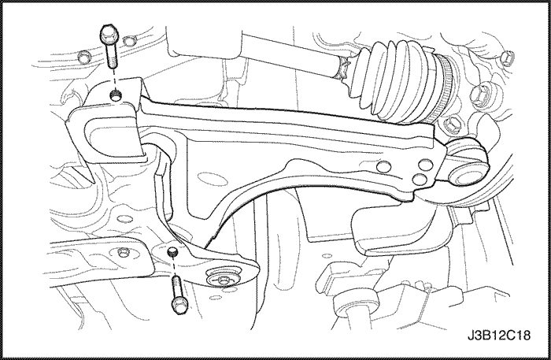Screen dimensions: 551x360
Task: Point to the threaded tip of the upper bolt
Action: coord(112,61)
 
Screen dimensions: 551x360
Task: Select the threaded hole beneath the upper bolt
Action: coord(114,95)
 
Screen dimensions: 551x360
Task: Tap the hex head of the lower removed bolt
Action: coord(179,305)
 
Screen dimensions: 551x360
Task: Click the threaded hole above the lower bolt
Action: coord(172,251)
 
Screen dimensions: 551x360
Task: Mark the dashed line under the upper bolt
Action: coord(113,80)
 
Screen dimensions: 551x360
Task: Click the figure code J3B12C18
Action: coord(499,335)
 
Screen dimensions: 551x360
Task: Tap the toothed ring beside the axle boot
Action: coord(442,86)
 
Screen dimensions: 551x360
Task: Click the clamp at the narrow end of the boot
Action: coord(341,69)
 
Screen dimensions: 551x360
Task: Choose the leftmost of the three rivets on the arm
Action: coord(383,165)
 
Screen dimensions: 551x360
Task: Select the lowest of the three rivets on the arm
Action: coord(420,180)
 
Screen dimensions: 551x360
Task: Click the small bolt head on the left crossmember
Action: coord(122,252)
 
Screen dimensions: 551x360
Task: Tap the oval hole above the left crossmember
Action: coord(123,219)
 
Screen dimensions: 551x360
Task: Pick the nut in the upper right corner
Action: coord(507,58)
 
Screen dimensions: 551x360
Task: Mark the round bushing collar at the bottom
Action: coord(356,304)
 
